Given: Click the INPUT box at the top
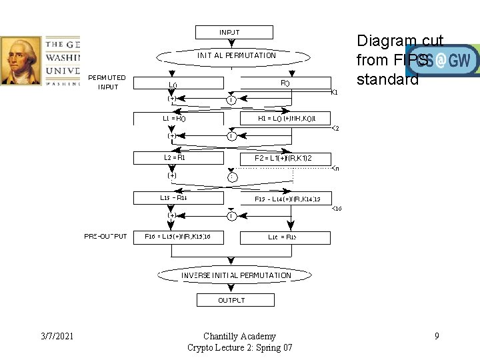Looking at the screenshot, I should (x=234, y=32).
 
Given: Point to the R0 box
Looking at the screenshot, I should (x=285, y=83).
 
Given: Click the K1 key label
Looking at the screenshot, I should (x=335, y=92).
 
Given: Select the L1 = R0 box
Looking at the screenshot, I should (x=174, y=119).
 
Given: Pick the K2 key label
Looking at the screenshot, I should (x=335, y=128).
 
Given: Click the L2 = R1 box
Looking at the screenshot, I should (x=174, y=158).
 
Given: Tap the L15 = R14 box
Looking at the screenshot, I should (x=174, y=198).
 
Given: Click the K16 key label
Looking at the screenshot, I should (x=337, y=209).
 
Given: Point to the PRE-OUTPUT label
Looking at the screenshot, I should (x=105, y=237).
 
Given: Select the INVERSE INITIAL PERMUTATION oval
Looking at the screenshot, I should (x=236, y=275).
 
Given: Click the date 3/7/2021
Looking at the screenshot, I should (x=56, y=336).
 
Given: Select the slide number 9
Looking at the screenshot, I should (x=437, y=336).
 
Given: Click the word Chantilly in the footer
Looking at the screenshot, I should (x=223, y=336).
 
